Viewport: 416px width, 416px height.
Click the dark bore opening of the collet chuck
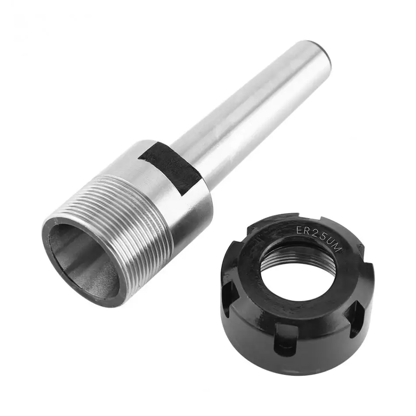coord(83,258)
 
